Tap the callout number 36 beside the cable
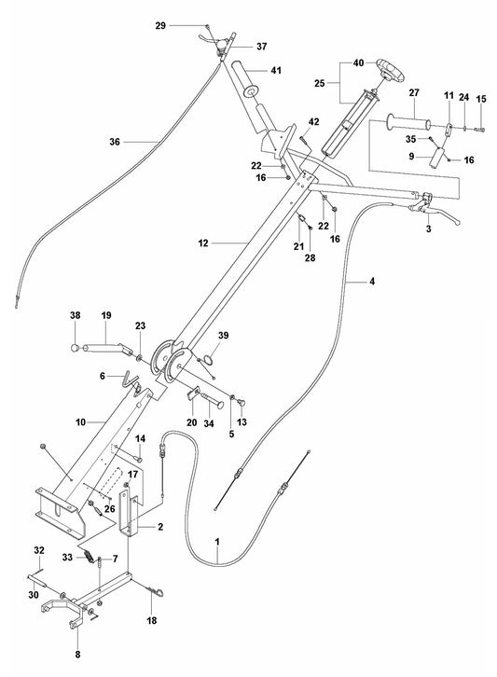tap(115, 142)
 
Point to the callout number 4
tap(349, 279)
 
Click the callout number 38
tap(76, 315)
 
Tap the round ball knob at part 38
tap(74, 349)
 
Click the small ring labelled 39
tap(213, 355)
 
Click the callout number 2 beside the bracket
tap(160, 527)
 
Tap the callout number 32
tap(38, 549)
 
